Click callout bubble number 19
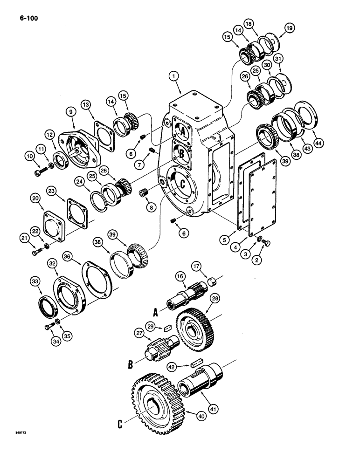[289, 28]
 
